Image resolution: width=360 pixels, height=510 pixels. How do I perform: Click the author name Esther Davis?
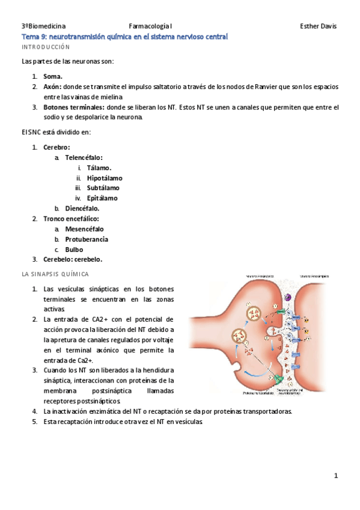(318, 26)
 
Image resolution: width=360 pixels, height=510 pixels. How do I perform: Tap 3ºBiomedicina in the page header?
(43, 26)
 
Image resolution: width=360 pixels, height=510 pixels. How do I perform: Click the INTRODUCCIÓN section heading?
(46, 47)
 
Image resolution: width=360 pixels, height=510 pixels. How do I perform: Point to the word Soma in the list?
(52, 76)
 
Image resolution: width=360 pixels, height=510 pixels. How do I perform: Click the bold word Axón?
(52, 87)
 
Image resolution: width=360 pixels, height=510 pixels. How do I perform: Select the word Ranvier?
(260, 87)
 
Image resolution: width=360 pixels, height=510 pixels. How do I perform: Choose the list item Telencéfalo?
(84, 158)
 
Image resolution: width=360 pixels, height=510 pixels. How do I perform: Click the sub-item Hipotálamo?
(105, 178)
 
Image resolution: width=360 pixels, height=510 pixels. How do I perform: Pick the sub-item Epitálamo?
(102, 198)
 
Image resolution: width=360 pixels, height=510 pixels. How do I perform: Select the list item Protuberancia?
(87, 239)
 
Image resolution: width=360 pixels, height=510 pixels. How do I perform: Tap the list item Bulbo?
(74, 249)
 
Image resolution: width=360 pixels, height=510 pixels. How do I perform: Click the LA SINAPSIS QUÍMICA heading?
(55, 274)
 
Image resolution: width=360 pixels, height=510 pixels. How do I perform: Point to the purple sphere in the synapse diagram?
(287, 297)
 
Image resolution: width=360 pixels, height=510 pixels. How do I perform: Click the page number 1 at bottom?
(336, 476)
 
